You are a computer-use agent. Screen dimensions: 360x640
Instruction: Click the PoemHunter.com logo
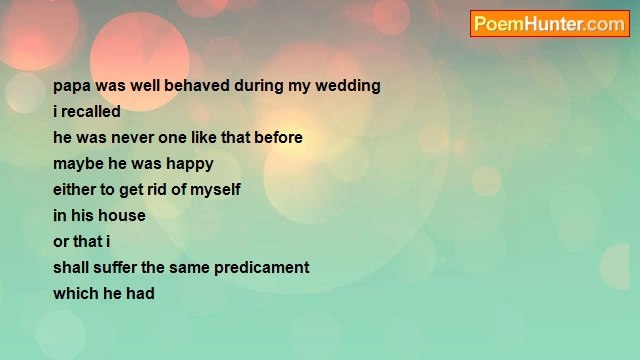point(549,24)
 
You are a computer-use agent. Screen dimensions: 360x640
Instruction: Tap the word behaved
point(196,86)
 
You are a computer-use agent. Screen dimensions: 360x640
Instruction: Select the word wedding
point(348,86)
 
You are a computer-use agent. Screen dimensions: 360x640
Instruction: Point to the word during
point(259,86)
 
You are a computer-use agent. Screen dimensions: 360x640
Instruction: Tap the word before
point(278,138)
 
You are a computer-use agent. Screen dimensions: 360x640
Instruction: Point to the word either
point(76,190)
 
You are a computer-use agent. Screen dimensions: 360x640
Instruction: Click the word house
point(122,216)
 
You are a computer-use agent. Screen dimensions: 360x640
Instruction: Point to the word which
point(76,294)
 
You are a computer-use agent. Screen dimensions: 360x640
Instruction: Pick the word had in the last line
point(140,294)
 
